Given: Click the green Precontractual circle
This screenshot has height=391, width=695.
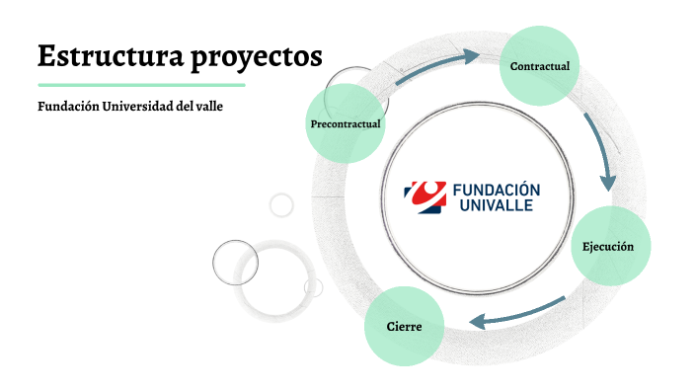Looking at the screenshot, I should pos(345,123).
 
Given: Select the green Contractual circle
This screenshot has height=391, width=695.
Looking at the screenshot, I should pos(539,65).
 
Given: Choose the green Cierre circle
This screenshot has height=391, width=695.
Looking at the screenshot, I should pos(404,325).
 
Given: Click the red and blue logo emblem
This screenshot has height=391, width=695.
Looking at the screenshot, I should pos(425,196).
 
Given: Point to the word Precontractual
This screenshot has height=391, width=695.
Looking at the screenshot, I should pos(345,124).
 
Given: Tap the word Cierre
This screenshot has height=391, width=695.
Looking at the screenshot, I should pos(404,326).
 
